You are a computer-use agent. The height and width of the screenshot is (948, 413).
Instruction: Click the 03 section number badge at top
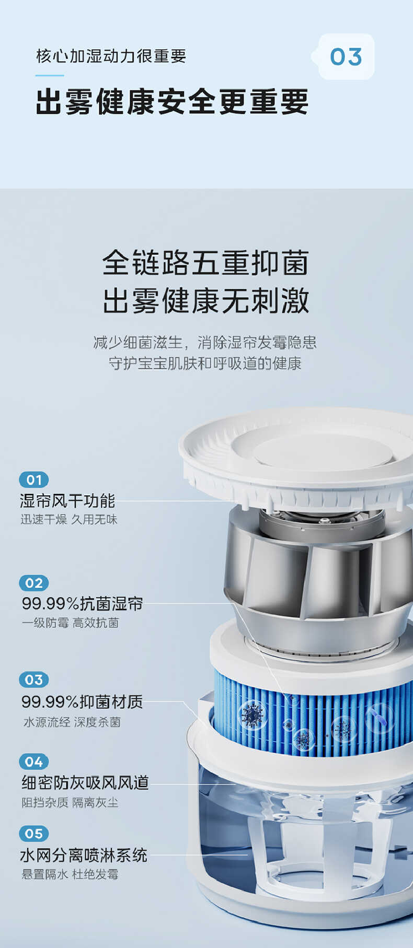pos(346,57)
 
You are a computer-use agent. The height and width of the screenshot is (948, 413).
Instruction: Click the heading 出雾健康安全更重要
pos(172,102)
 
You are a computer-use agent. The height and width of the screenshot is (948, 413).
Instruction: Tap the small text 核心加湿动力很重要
pos(111,56)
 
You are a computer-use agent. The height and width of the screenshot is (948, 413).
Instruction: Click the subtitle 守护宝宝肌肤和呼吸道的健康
pos(205,363)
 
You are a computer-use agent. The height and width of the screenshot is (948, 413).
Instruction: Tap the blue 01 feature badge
pos(34,479)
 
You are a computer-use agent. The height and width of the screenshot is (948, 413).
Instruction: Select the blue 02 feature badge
pos(34,583)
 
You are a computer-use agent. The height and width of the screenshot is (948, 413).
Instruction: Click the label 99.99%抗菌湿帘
pos(82,604)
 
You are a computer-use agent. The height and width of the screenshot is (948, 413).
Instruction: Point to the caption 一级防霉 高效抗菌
pos(70,623)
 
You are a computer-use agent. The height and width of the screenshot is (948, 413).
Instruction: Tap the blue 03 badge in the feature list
pos(34,680)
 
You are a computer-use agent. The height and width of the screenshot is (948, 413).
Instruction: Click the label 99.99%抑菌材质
pos(82,701)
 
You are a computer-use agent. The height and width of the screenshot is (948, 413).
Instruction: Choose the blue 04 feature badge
pos(34,762)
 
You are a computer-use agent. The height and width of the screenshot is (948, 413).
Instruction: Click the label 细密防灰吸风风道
pos(85,782)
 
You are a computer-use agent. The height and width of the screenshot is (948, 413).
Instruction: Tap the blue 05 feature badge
pos(34,834)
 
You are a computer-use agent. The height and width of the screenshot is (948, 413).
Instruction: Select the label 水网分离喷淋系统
pos(84,855)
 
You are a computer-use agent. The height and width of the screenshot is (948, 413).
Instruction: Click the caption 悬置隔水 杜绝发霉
pos(70,874)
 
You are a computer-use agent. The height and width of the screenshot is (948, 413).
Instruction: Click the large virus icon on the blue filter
pos(253,715)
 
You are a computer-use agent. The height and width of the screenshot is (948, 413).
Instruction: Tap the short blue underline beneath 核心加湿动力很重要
pos(50,76)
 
